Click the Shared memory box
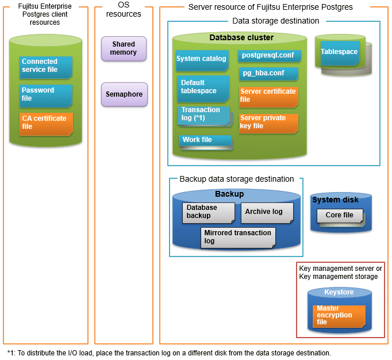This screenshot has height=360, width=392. (124, 48)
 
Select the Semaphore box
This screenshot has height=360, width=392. (124, 94)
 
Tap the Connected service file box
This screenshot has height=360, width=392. (46, 66)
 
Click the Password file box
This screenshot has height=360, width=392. (46, 95)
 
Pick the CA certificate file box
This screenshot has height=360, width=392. (46, 122)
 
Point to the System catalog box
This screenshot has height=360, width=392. (202, 59)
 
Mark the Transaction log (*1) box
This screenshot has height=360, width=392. (203, 114)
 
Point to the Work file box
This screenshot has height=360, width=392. (204, 140)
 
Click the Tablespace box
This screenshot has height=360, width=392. (339, 52)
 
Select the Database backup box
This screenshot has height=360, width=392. (208, 212)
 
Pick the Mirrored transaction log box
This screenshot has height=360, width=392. (237, 237)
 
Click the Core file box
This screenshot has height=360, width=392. (340, 216)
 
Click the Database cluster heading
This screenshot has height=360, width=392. (241, 38)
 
